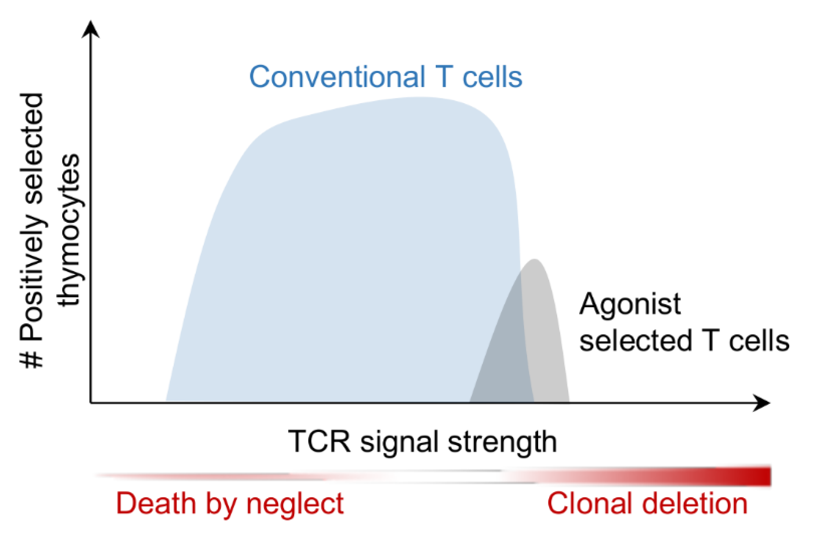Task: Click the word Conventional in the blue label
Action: click(x=337, y=77)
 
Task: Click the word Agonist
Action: click(x=630, y=305)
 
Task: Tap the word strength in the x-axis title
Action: click(x=502, y=442)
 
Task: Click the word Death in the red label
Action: click(x=156, y=503)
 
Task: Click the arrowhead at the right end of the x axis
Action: click(x=762, y=403)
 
